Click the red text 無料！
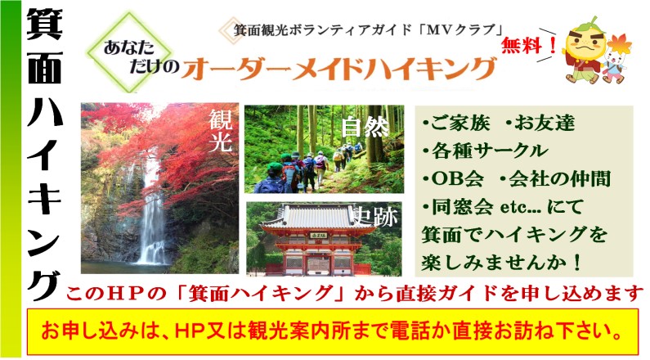[x=528, y=46]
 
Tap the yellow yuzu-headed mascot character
[x=585, y=51]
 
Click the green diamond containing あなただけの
[x=129, y=52]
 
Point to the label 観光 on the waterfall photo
[x=220, y=131]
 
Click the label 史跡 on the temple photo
[x=375, y=217]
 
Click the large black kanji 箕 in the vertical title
[x=44, y=24]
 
